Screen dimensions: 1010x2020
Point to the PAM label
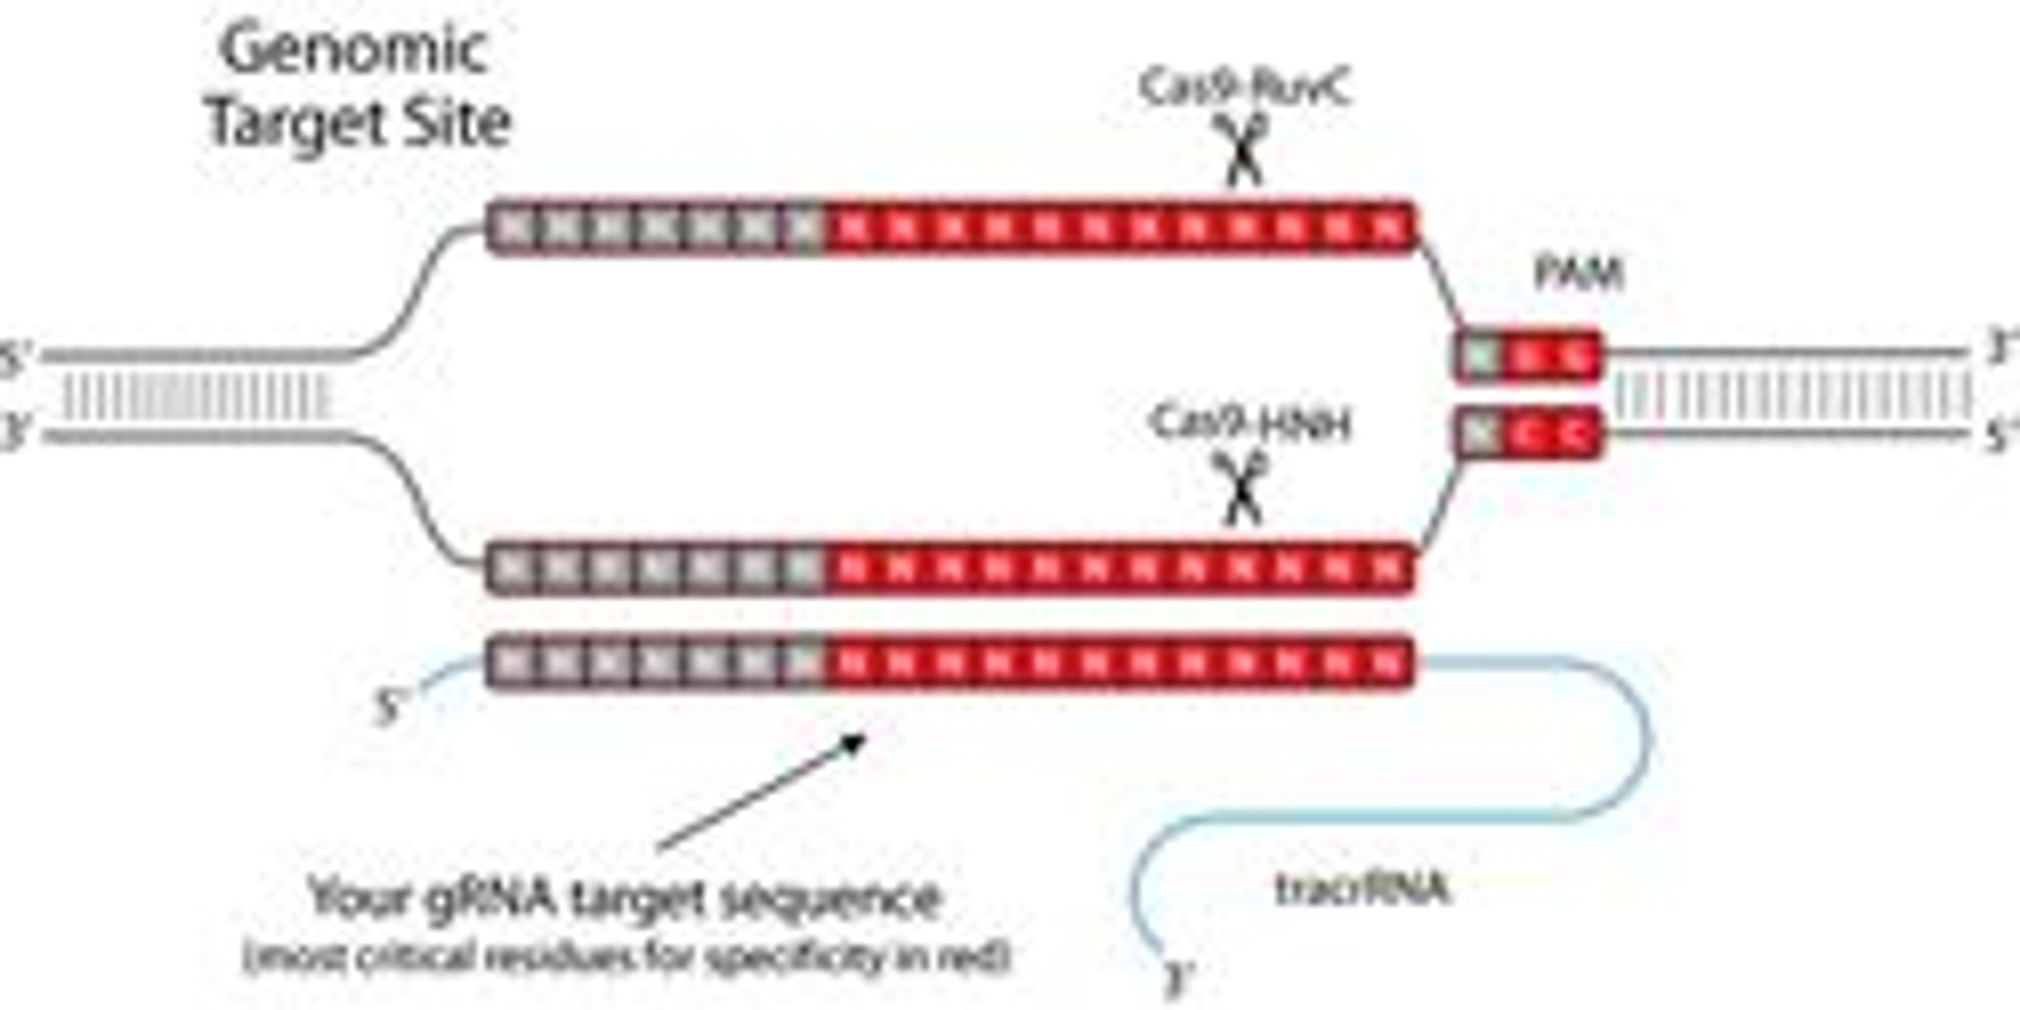pos(1578,275)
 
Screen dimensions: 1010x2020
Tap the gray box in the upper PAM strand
pos(1479,356)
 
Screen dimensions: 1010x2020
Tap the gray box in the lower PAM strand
pos(1479,433)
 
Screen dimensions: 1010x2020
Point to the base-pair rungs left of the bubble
pos(196,397)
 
